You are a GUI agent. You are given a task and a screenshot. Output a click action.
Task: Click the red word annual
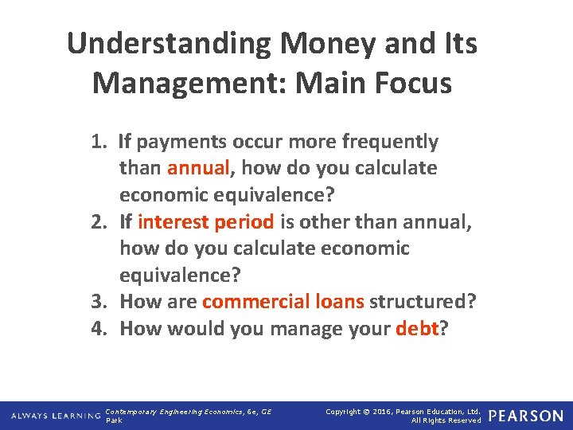pyautogui.click(x=198, y=169)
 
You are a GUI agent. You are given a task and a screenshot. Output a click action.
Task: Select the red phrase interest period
pyautogui.click(x=205, y=222)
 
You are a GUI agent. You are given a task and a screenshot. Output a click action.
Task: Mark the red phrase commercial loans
pyautogui.click(x=283, y=302)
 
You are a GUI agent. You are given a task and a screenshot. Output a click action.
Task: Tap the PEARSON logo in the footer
pyautogui.click(x=526, y=416)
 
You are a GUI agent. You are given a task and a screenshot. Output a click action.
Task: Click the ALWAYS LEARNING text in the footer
pyautogui.click(x=55, y=416)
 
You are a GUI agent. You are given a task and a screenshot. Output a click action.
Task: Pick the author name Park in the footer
pyautogui.click(x=115, y=420)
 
